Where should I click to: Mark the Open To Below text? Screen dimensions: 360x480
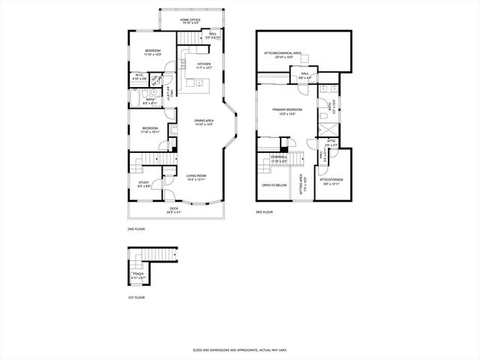(274, 184)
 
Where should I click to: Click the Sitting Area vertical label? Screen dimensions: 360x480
(301, 184)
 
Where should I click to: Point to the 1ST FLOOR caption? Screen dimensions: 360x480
(135, 297)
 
